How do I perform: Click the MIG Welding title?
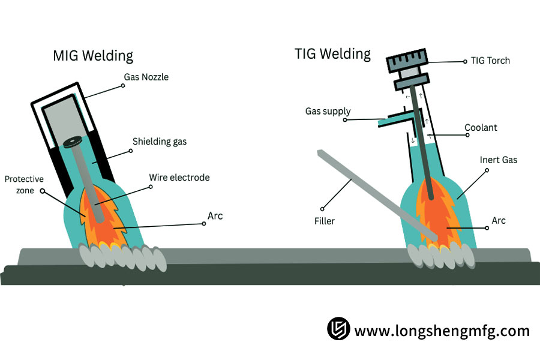coord(93,56)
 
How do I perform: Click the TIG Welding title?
coord(332,53)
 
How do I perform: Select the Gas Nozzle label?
coord(148,77)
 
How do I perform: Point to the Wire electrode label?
coord(179,178)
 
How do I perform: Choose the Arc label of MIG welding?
coord(214,215)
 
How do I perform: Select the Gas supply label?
coord(328,112)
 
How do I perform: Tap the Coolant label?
coord(481,128)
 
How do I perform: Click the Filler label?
coord(324,221)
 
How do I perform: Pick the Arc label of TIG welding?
coord(498,220)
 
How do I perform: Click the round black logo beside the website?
coord(338,329)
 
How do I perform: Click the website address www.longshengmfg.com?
coord(442,331)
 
